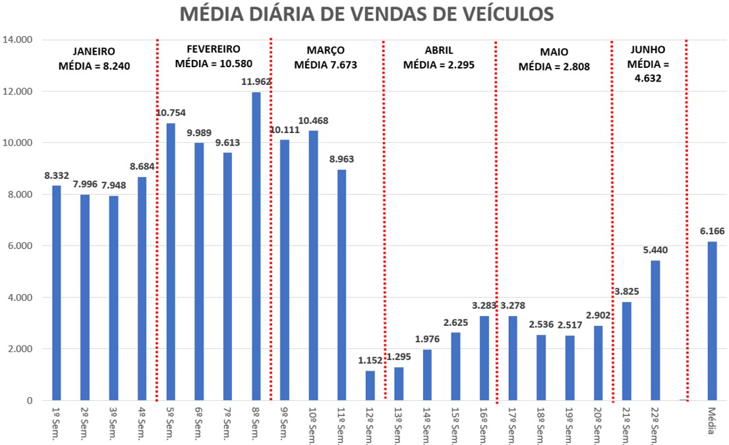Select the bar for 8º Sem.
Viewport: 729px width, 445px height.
click(x=256, y=246)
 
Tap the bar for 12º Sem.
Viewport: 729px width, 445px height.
click(x=370, y=385)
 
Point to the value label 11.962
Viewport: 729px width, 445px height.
click(x=256, y=82)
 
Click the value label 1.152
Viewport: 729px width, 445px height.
click(x=370, y=360)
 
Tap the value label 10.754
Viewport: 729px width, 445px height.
click(x=171, y=113)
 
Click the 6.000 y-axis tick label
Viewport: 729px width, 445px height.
click(x=20, y=246)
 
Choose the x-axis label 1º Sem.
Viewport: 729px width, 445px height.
click(x=56, y=421)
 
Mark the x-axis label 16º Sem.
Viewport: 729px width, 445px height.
click(x=484, y=425)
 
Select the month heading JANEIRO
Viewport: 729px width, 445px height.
click(x=94, y=51)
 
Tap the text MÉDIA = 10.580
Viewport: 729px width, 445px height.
click(x=214, y=63)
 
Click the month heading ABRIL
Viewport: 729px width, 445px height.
click(x=438, y=51)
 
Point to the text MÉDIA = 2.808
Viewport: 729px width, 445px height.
click(x=554, y=66)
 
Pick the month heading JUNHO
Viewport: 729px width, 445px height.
click(x=648, y=49)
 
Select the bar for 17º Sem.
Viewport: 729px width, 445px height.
click(x=512, y=358)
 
